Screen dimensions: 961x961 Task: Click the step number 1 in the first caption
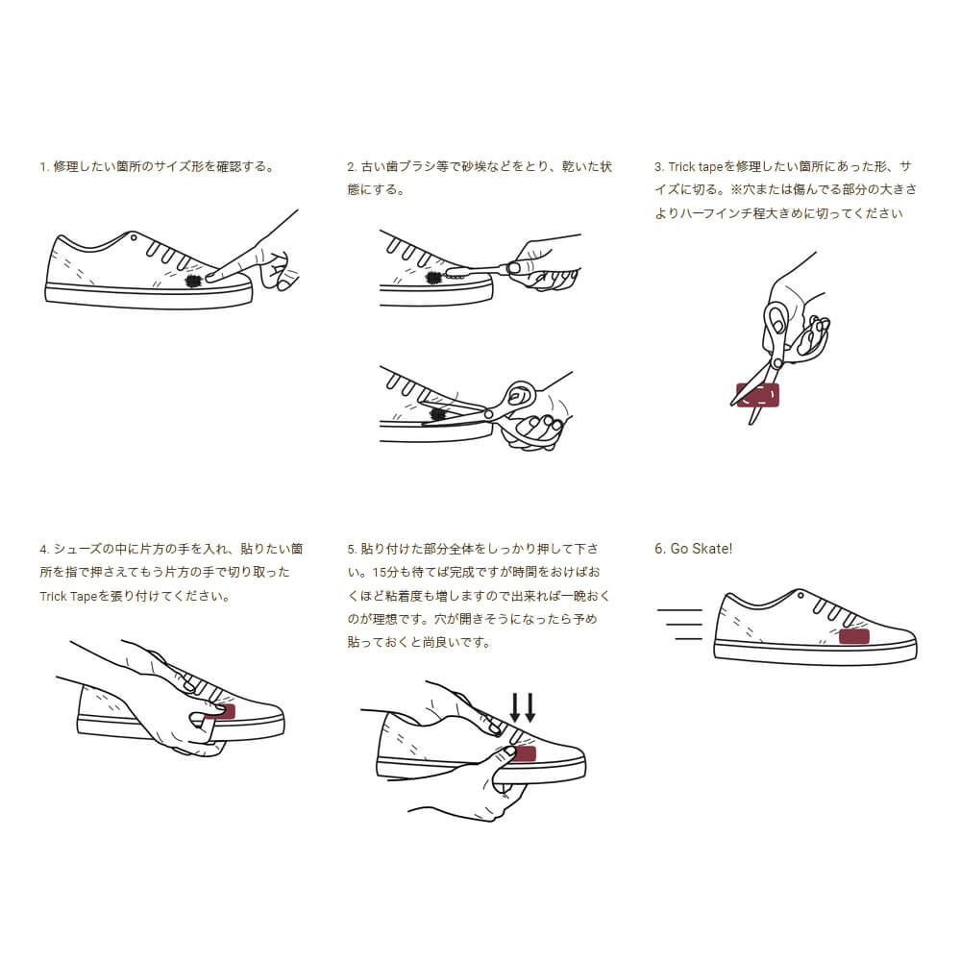click(x=42, y=167)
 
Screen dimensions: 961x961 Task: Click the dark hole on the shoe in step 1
click(x=192, y=280)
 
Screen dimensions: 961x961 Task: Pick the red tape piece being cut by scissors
click(x=758, y=393)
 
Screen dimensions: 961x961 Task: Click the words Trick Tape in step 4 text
click(x=69, y=596)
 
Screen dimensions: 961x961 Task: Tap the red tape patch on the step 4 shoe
click(x=222, y=711)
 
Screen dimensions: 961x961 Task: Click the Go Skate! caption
click(x=693, y=549)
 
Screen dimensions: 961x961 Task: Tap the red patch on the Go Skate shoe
click(x=854, y=636)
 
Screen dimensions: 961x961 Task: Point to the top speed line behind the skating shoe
click(x=681, y=610)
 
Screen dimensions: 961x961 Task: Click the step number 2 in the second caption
click(x=351, y=167)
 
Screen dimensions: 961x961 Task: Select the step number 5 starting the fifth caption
click(x=351, y=550)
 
